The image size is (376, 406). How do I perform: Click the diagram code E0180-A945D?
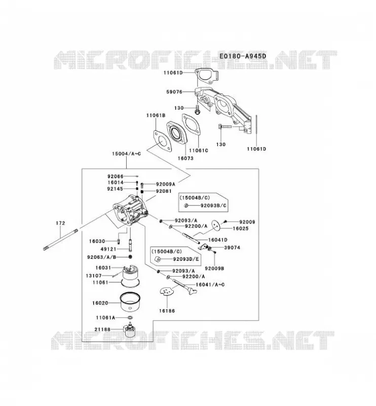tap(243, 56)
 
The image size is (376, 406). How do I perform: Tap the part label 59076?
tap(174, 92)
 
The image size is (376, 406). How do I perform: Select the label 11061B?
tap(156, 116)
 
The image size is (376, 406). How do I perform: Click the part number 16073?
tap(185, 158)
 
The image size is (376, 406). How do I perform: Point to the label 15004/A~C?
tap(126, 154)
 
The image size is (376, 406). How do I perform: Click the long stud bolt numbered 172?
tap(61, 239)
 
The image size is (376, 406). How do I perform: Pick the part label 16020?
tap(100, 302)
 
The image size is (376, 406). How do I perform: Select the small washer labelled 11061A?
tap(130, 318)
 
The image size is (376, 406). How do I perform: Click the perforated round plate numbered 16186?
tap(167, 291)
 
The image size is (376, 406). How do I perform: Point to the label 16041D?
tap(218, 240)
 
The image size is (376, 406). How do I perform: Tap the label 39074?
tap(232, 248)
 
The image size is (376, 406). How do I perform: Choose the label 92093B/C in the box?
tap(214, 206)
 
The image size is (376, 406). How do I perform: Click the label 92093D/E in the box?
tap(186, 259)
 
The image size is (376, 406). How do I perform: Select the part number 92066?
tap(116, 176)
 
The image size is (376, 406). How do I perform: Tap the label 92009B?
tap(214, 268)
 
